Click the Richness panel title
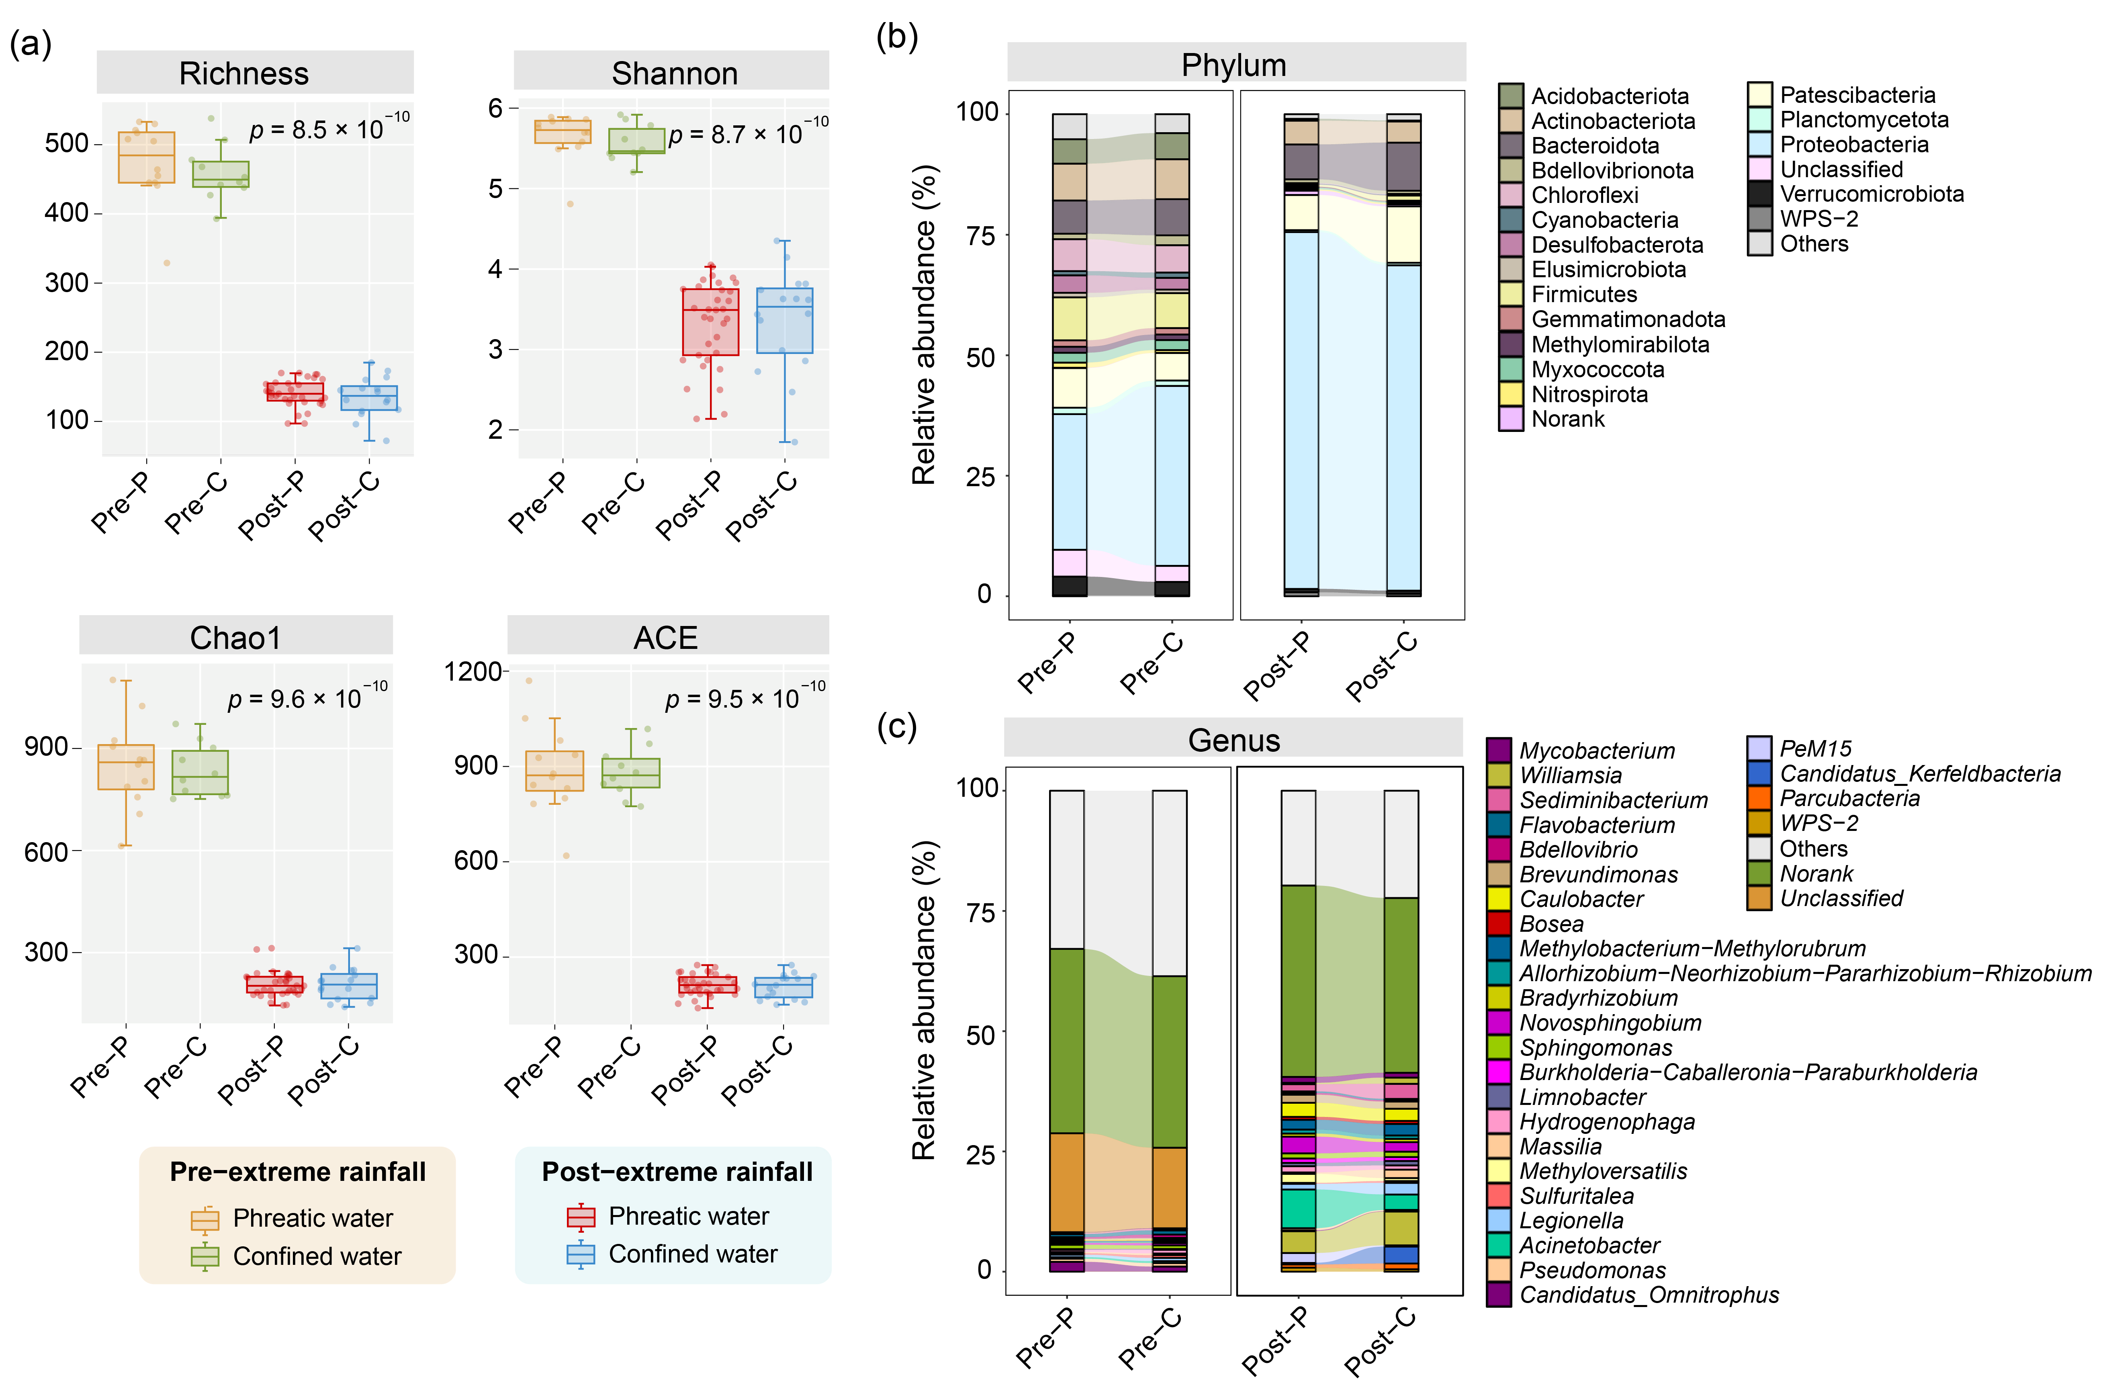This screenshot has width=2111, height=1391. click(244, 74)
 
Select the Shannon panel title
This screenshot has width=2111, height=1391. click(674, 74)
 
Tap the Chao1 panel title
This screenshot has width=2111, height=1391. click(235, 638)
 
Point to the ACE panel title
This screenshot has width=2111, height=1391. click(665, 638)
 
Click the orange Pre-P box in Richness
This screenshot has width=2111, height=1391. click(146, 157)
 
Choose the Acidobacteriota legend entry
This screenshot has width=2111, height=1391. click(1594, 96)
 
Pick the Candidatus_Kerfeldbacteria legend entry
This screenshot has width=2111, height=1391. click(1903, 773)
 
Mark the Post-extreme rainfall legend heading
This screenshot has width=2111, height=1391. click(677, 1172)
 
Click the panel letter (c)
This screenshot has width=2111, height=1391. click(897, 726)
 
